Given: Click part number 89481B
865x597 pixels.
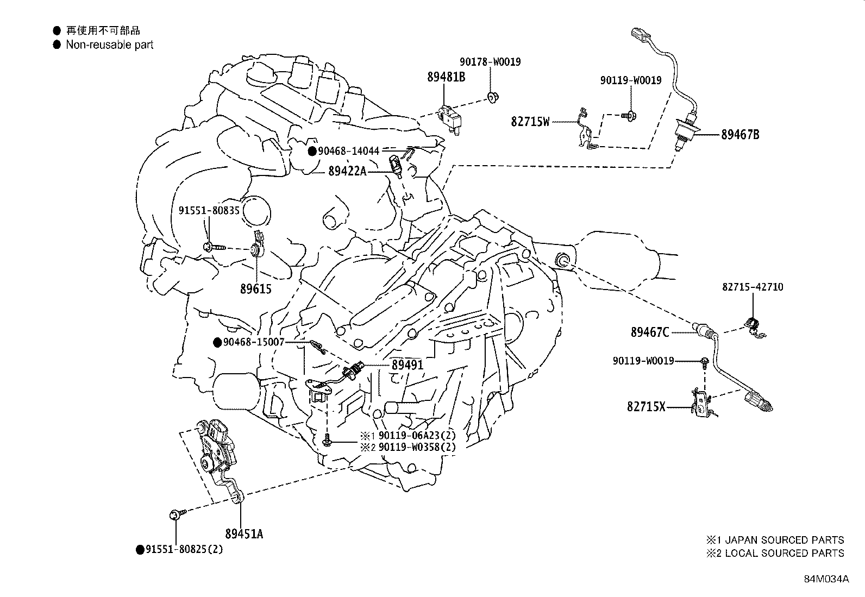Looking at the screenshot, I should click(x=446, y=77).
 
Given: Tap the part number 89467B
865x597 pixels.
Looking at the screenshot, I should click(x=740, y=135).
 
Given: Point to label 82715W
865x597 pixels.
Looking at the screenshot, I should click(x=530, y=122).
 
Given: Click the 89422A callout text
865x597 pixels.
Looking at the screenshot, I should click(x=347, y=172).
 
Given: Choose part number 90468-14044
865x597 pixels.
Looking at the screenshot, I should click(x=349, y=151).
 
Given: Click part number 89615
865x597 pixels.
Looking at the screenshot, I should click(x=255, y=289).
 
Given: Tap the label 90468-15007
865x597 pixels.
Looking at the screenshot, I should click(x=253, y=342).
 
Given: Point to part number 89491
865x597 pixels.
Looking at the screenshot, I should click(x=407, y=366).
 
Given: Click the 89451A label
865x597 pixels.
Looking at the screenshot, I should click(x=244, y=534).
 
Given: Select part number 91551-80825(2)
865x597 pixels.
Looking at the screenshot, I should click(x=184, y=549).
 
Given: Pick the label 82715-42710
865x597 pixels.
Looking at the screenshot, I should click(x=753, y=287).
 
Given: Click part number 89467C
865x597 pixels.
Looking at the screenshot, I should click(x=650, y=332).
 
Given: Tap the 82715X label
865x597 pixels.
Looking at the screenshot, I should click(x=645, y=406).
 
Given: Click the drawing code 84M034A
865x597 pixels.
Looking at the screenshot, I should click(x=826, y=579).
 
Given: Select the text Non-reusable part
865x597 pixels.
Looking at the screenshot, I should click(x=110, y=45).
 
